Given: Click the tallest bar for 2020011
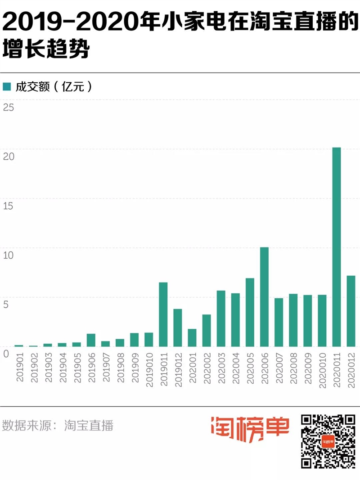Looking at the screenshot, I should (336, 247).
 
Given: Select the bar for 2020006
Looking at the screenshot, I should (264, 297).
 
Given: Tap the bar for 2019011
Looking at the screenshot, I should (163, 314).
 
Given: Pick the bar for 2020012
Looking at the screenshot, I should (351, 311).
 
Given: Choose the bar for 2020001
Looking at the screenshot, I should (192, 338).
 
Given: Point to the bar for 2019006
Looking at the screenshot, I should (91, 340).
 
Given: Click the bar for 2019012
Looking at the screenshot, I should (178, 328).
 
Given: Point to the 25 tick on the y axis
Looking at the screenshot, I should (9, 107).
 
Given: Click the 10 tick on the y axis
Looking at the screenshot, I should (9, 255).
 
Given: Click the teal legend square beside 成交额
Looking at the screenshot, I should (7, 86).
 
